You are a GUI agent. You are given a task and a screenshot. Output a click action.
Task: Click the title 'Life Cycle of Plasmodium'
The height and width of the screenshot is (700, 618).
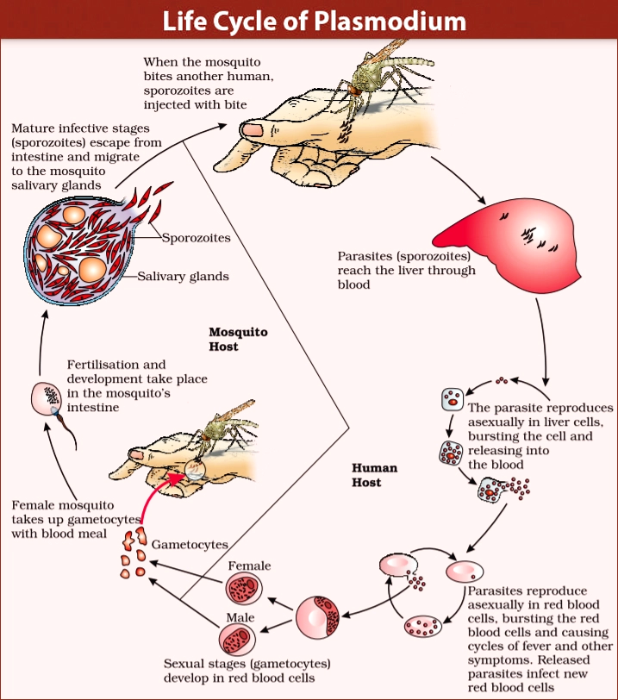point(314,21)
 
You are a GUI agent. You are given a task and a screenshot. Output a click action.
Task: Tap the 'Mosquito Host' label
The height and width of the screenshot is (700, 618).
point(238,339)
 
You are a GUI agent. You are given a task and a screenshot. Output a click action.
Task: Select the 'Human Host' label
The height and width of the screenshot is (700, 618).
point(374,474)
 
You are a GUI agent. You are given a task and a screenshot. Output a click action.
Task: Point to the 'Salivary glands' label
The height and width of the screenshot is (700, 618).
point(183,276)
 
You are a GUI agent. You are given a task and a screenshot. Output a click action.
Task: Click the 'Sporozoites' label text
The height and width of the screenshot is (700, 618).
point(196,238)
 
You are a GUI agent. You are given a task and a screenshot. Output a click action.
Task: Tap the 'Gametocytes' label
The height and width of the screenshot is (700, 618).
point(190,544)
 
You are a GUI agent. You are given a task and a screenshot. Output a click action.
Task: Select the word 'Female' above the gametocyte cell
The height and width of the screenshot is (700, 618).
point(249,566)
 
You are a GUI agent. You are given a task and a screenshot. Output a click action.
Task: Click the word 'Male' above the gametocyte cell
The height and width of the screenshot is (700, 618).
point(240,617)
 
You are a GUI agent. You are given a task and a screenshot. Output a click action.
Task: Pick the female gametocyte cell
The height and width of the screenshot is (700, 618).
point(244,590)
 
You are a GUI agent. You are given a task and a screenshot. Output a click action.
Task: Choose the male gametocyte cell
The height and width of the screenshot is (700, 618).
point(237,641)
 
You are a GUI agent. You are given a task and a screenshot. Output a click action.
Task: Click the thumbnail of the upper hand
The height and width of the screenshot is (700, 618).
point(253,130)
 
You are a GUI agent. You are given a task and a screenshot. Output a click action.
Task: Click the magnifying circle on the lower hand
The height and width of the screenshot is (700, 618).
point(195,469)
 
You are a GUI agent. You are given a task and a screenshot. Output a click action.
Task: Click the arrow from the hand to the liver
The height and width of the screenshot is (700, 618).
point(459,180)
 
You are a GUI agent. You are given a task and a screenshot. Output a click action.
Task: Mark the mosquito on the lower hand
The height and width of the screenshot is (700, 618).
point(225,428)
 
